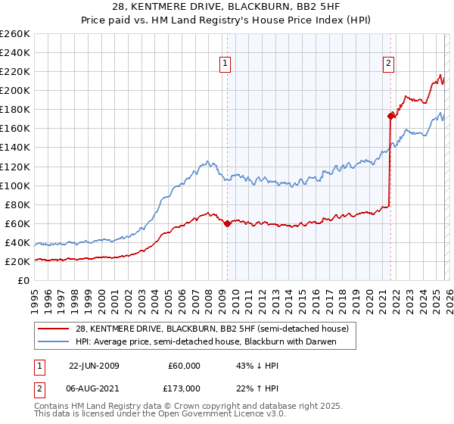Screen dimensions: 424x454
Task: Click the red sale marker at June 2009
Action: tap(227, 223)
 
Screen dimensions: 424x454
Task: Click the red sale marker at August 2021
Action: tap(390, 116)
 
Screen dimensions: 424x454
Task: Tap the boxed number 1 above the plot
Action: tap(226, 64)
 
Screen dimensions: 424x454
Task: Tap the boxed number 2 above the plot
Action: tap(388, 64)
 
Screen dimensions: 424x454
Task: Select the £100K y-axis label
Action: tap(15, 185)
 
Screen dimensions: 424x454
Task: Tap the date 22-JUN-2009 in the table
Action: tap(95, 366)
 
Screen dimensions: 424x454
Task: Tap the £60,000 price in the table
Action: tap(184, 366)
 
